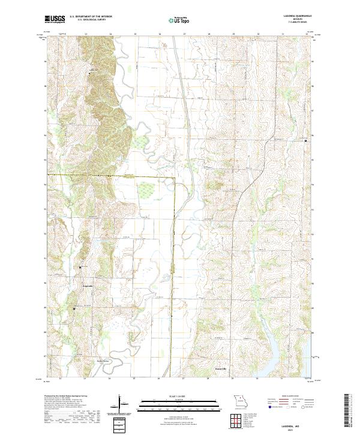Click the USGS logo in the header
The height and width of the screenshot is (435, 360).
point(55,20)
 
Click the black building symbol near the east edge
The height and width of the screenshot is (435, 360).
point(307,140)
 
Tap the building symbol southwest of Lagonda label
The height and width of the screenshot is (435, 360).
point(74,308)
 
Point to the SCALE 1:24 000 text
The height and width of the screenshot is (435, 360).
point(179,395)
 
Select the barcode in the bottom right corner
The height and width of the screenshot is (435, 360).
point(346,410)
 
